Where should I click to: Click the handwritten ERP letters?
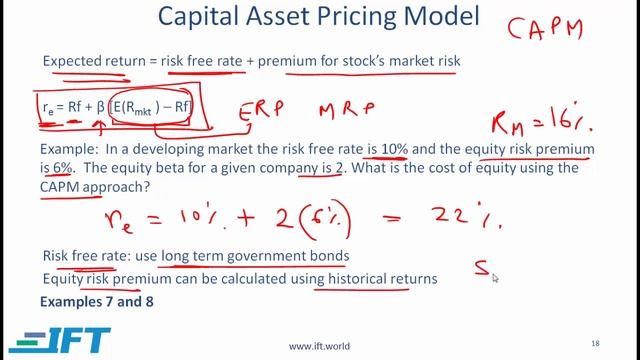tap(263, 109)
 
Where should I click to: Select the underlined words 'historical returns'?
tap(375, 279)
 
